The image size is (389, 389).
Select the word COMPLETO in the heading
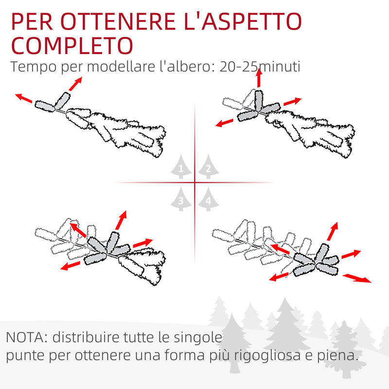[72, 45]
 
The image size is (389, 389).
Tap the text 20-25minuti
[260, 67]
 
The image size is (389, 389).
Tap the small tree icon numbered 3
[181, 199]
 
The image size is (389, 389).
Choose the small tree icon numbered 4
[208, 199]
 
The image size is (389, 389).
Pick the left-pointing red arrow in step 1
[24, 99]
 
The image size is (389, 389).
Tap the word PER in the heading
[30, 22]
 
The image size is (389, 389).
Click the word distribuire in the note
[83, 337]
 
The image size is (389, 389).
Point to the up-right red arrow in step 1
[74, 84]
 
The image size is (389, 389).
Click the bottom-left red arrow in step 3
[71, 265]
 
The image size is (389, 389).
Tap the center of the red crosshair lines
[195, 183]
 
